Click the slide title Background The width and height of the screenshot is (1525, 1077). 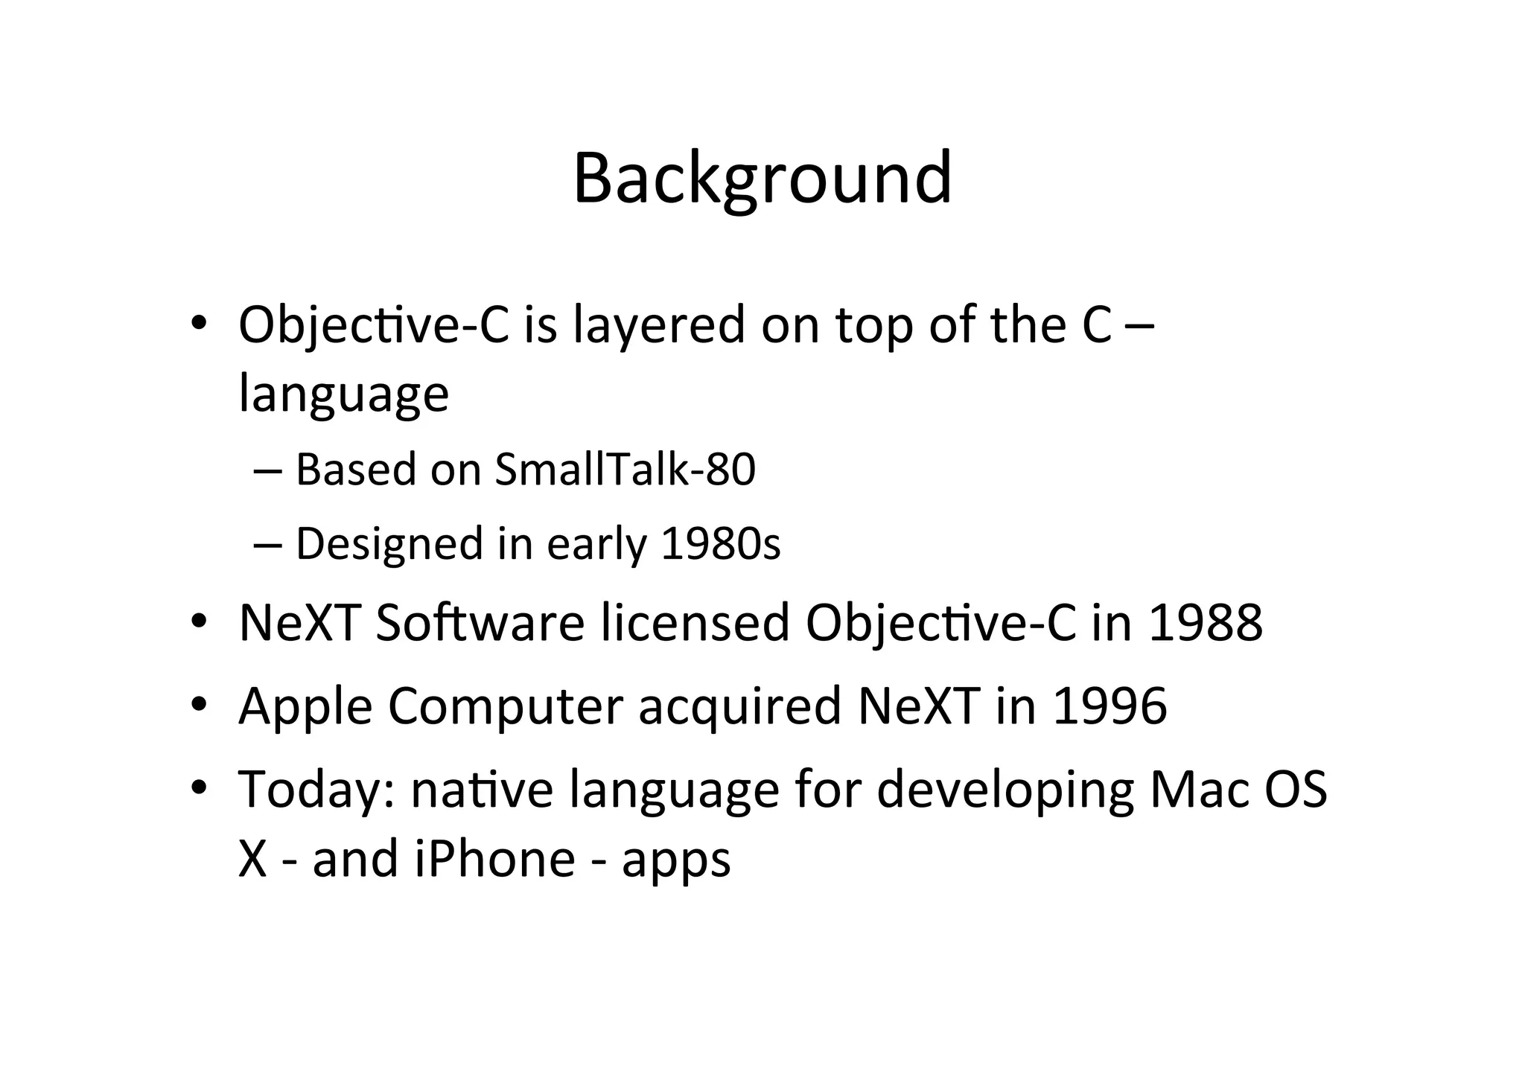(762, 179)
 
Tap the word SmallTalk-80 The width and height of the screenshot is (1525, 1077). (625, 470)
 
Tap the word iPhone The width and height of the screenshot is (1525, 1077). (494, 858)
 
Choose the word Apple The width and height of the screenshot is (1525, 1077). (305, 707)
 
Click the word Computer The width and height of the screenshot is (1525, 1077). (505, 707)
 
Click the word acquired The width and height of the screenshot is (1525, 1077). (739, 707)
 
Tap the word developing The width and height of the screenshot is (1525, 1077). (1005, 790)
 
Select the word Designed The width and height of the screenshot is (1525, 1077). (389, 545)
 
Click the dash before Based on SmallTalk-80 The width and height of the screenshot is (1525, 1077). (267, 471)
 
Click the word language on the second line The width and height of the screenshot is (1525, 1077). (343, 395)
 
